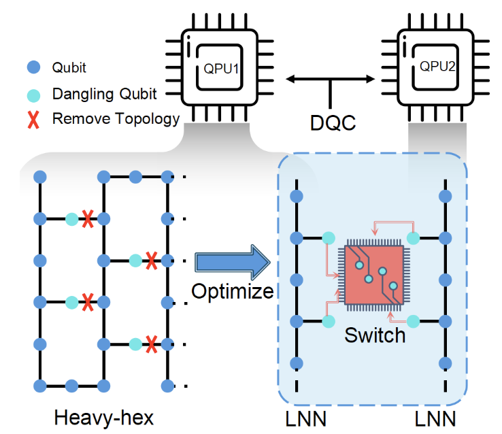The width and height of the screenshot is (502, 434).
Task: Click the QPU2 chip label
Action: point(437,66)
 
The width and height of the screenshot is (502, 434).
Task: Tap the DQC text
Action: point(331,122)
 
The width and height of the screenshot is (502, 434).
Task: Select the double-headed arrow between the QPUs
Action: point(331,80)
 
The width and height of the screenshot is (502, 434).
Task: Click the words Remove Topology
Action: point(116,119)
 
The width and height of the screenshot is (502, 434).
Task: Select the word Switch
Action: point(375,335)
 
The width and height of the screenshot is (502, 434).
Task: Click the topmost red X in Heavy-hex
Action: point(87,218)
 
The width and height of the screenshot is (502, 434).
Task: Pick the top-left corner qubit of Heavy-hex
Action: point(40,177)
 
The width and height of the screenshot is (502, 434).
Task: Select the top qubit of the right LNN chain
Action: point(445,197)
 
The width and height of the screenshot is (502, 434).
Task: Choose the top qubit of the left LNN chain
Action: point(296,197)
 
